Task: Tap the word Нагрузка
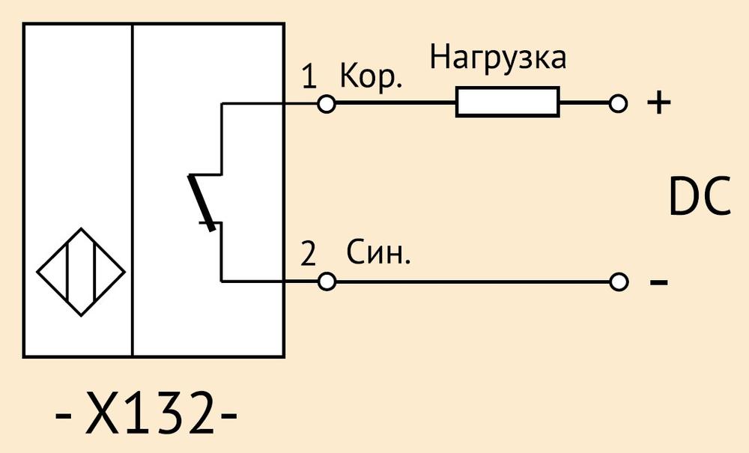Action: (x=498, y=58)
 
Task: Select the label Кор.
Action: (x=372, y=76)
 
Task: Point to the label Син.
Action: (x=378, y=252)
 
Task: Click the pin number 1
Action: (x=309, y=76)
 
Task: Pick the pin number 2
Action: (x=309, y=254)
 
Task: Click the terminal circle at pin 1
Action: (x=327, y=103)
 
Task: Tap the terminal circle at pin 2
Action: (x=327, y=282)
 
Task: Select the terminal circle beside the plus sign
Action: (x=618, y=103)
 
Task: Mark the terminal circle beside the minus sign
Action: (x=619, y=282)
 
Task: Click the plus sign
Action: (x=658, y=103)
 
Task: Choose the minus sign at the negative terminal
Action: (x=658, y=282)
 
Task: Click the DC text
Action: (x=700, y=196)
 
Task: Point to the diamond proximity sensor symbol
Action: (x=81, y=272)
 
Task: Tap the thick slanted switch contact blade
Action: (x=201, y=202)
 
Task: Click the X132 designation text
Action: (x=146, y=413)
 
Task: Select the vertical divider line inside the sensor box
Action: (x=133, y=190)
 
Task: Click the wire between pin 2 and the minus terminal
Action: (x=473, y=282)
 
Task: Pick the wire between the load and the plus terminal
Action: (x=585, y=103)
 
